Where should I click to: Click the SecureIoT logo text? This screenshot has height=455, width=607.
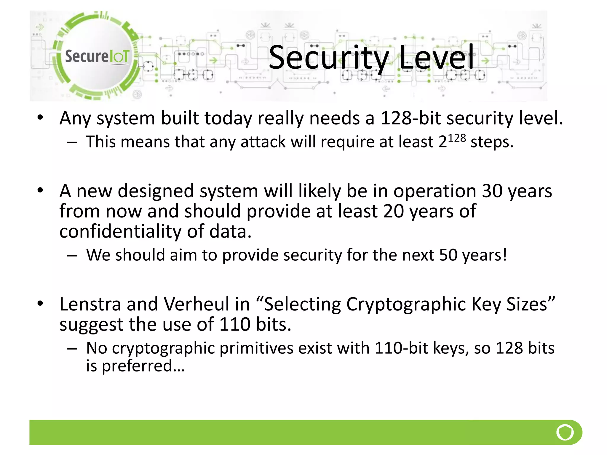97,56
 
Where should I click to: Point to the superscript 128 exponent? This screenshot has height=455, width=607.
457,138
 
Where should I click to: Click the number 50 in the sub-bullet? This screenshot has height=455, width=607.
448,255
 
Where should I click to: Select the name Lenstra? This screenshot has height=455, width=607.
90,304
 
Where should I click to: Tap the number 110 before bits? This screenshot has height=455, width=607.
234,325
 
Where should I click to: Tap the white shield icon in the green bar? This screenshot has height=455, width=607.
565,432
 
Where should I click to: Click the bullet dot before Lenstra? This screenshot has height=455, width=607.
40,303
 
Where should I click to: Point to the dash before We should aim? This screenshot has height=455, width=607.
72,255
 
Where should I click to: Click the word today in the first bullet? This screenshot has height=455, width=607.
228,118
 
